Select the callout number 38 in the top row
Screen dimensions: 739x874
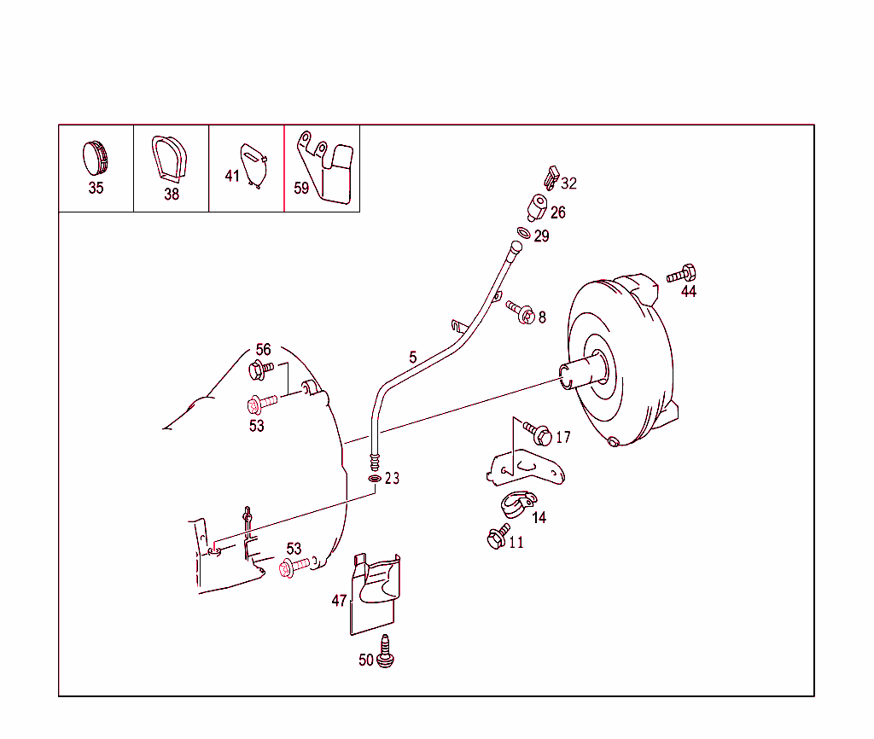click(x=172, y=194)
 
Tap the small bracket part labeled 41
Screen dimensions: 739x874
click(x=253, y=164)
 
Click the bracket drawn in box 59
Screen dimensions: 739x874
click(x=329, y=168)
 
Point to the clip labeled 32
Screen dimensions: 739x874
click(x=551, y=179)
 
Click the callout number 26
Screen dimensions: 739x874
click(x=557, y=212)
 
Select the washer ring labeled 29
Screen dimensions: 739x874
click(x=523, y=233)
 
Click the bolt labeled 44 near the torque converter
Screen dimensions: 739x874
click(x=681, y=275)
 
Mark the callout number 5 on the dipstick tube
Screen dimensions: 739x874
click(x=413, y=358)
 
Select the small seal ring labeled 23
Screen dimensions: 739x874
click(x=375, y=479)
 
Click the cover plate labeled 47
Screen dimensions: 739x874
click(x=376, y=593)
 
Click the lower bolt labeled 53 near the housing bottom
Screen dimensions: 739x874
click(x=294, y=567)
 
